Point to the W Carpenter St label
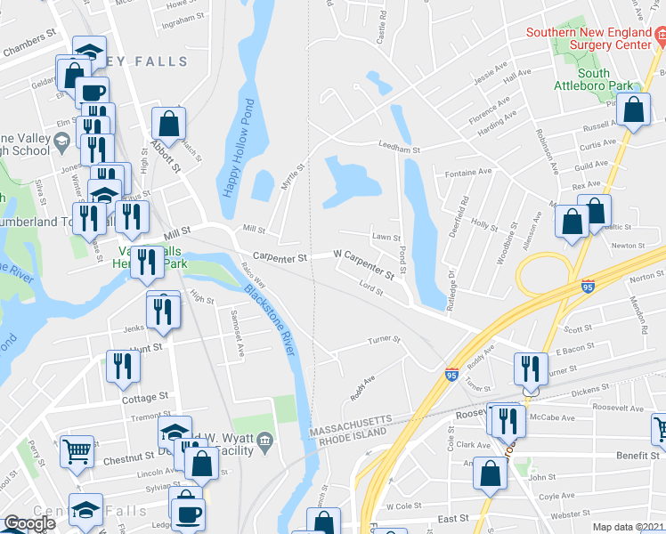coord(363,265)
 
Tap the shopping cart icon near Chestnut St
coord(77,450)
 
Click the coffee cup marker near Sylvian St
coord(188,514)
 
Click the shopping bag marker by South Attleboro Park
coord(633,110)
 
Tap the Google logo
coord(29,523)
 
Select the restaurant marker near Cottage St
coord(123,366)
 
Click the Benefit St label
coord(636,455)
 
